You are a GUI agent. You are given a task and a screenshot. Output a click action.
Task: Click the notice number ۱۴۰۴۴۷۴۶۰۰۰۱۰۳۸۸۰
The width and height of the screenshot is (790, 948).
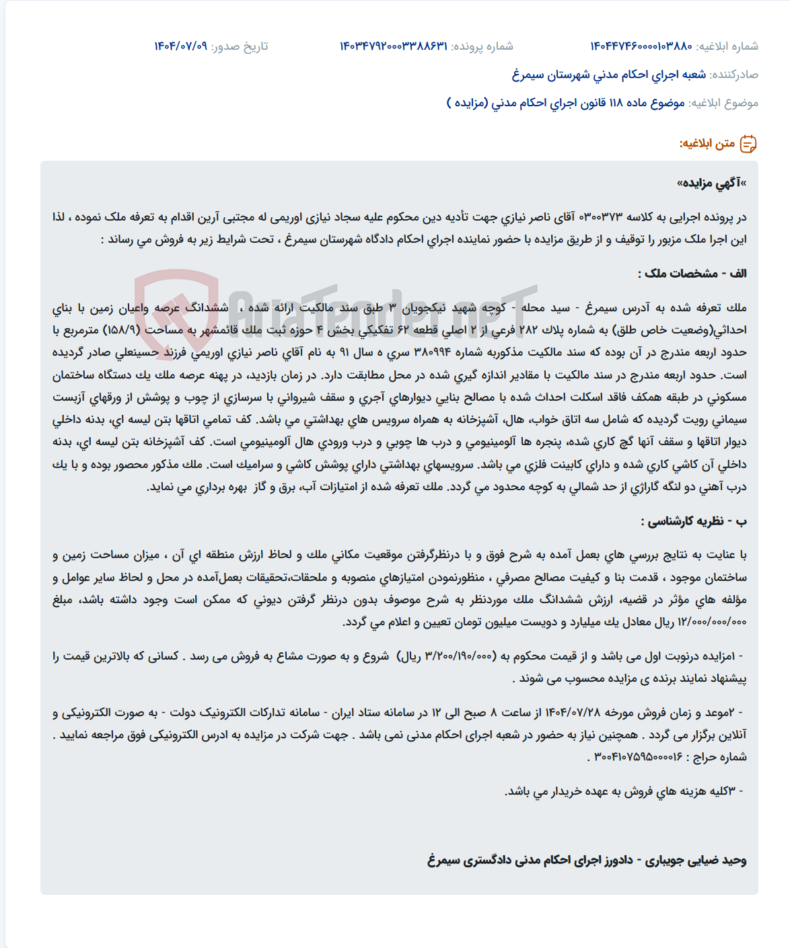tap(641, 46)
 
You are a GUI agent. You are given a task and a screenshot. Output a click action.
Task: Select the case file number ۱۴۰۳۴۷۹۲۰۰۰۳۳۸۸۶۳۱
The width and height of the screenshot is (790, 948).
tap(393, 46)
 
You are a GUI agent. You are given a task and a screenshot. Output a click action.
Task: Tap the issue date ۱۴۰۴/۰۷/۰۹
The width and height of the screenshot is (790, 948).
tap(180, 46)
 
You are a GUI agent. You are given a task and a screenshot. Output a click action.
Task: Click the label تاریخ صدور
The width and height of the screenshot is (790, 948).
tap(240, 46)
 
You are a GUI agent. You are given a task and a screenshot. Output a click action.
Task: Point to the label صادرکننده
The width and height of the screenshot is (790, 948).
tap(734, 75)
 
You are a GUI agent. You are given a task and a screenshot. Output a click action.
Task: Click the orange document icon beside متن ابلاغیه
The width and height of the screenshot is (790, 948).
tap(748, 144)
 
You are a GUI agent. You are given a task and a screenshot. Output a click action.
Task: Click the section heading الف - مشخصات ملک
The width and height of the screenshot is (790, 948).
tap(692, 273)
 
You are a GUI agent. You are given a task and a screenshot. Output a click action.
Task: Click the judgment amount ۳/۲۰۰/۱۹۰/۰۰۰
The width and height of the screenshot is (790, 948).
tap(459, 656)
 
